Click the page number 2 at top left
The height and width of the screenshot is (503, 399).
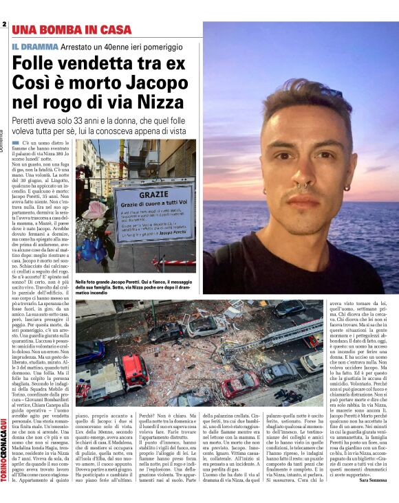tap(4, 25)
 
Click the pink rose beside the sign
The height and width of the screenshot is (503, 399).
tap(94, 210)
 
